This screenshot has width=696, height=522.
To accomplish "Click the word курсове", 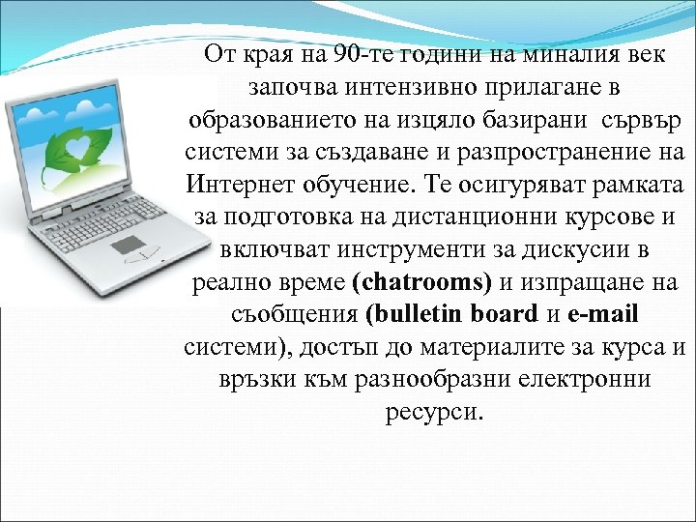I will [x=599, y=217].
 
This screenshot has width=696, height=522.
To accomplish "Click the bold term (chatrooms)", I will [x=422, y=282].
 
